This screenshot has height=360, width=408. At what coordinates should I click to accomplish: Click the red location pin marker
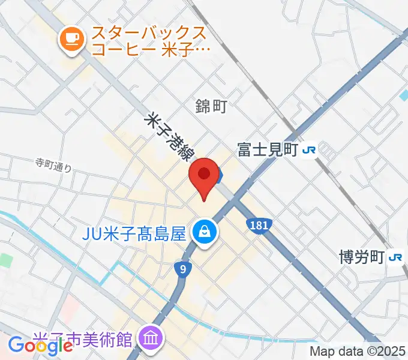(204, 175)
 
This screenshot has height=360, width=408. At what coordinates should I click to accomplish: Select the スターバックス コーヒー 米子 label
(149, 41)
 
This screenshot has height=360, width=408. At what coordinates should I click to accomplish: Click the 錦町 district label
(211, 106)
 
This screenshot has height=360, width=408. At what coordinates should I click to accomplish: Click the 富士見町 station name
(268, 150)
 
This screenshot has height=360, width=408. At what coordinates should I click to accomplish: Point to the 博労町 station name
(360, 257)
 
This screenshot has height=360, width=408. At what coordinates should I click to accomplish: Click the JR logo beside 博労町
(395, 257)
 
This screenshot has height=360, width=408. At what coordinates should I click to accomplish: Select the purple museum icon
(149, 338)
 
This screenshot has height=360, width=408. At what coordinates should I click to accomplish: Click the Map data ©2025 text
(358, 351)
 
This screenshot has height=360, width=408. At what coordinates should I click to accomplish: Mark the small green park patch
(6, 260)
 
